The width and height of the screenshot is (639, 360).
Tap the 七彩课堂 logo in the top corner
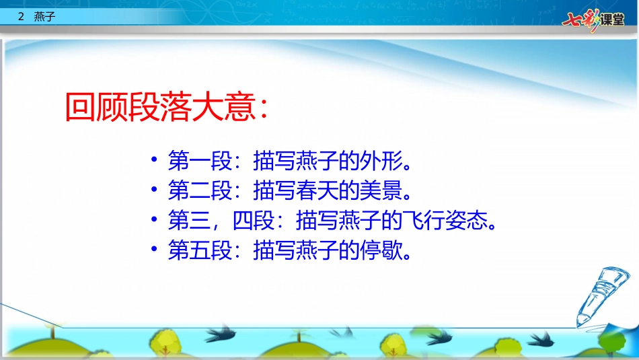[593, 18]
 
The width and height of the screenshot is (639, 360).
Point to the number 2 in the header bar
[22, 18]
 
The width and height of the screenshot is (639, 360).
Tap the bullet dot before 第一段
[155, 161]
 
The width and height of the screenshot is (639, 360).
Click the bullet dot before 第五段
[155, 251]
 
